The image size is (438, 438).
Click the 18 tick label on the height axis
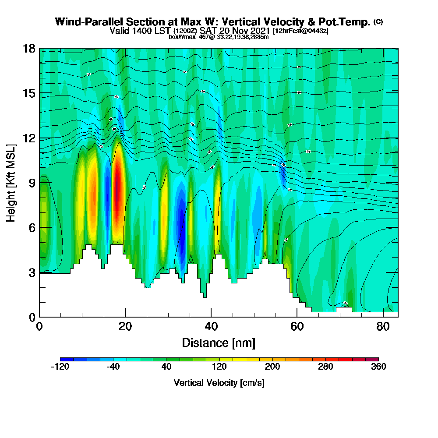coord(29,48)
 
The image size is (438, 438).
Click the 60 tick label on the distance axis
coord(297,327)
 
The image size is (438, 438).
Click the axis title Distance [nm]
coord(219,343)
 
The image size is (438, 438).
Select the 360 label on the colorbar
coord(378,367)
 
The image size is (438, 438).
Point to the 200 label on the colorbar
coord(272,367)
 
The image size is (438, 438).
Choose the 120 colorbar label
coord(219,367)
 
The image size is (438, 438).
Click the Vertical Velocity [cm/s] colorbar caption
coord(219,383)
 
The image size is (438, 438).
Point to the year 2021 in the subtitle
coord(257,31)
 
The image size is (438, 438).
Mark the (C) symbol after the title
coord(378,21)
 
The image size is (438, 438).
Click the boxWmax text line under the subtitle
coord(219,37)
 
